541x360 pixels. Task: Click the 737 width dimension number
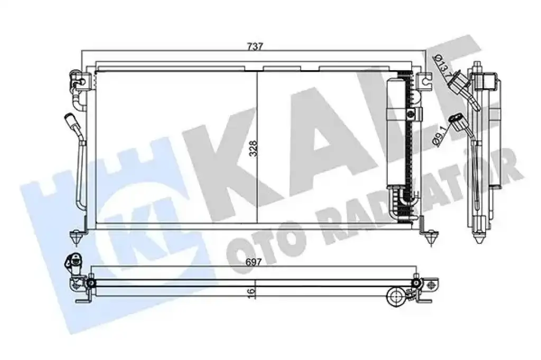pyautogui.click(x=255, y=46)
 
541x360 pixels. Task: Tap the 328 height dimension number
pyautogui.click(x=254, y=148)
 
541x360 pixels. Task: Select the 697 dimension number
pyautogui.click(x=254, y=262)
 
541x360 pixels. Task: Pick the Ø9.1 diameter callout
pyautogui.click(x=440, y=136)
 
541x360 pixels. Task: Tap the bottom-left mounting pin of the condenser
pyautogui.click(x=76, y=238)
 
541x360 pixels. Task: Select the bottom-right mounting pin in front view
pyautogui.click(x=429, y=238)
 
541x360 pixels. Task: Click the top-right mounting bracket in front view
pyautogui.click(x=424, y=81)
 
